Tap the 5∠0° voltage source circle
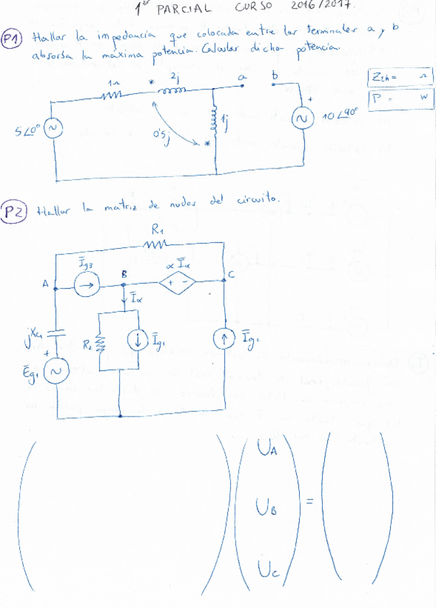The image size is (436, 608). (x=53, y=129)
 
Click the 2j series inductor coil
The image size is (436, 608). (x=174, y=90)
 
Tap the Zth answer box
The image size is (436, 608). (x=399, y=76)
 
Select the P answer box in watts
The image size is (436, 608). (x=399, y=98)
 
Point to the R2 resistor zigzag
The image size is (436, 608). (x=100, y=344)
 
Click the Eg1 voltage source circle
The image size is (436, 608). (x=57, y=371)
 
